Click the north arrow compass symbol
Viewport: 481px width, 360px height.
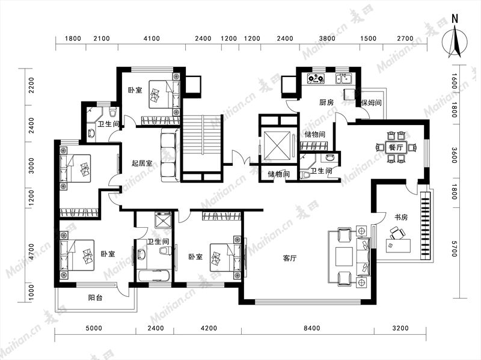(x=455, y=41)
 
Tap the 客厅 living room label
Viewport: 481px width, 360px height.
(x=290, y=258)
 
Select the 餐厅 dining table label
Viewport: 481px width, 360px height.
(x=396, y=147)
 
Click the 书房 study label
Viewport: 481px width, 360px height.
(x=401, y=218)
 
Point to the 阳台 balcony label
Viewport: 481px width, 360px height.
(x=95, y=297)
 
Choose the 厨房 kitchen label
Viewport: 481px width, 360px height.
(x=326, y=102)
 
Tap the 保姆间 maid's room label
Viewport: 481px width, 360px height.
(x=372, y=102)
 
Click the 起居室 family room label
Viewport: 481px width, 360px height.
(x=142, y=163)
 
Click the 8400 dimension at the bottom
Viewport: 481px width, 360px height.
(x=312, y=328)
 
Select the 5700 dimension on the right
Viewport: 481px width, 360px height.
(x=455, y=248)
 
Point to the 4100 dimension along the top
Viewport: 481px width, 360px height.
(x=152, y=38)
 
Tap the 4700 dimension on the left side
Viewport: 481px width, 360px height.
(x=31, y=251)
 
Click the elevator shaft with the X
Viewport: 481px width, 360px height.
(x=277, y=145)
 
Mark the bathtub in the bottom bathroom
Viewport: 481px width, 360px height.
(x=154, y=276)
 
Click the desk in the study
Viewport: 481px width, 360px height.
(x=398, y=246)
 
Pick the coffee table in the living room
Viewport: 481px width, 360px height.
(x=346, y=256)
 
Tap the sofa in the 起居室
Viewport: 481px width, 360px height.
(x=170, y=155)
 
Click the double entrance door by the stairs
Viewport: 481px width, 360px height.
(x=241, y=159)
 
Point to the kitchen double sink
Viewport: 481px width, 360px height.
(x=343, y=79)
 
